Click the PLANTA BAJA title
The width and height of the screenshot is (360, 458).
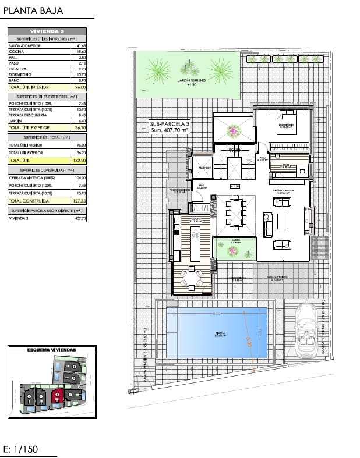(x=33, y=10)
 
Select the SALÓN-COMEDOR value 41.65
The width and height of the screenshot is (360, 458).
(x=80, y=45)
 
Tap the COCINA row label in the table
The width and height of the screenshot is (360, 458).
(x=16, y=51)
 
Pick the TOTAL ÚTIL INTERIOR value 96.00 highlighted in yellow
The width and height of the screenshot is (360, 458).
(x=80, y=87)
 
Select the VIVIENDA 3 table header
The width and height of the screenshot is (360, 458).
(x=47, y=31)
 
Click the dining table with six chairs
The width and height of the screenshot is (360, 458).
(x=236, y=212)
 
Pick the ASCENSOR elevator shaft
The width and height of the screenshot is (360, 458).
(x=204, y=167)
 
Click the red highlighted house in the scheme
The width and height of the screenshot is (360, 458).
(x=58, y=398)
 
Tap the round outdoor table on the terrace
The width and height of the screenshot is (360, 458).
(x=192, y=276)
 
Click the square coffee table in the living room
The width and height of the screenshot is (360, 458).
(x=282, y=221)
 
